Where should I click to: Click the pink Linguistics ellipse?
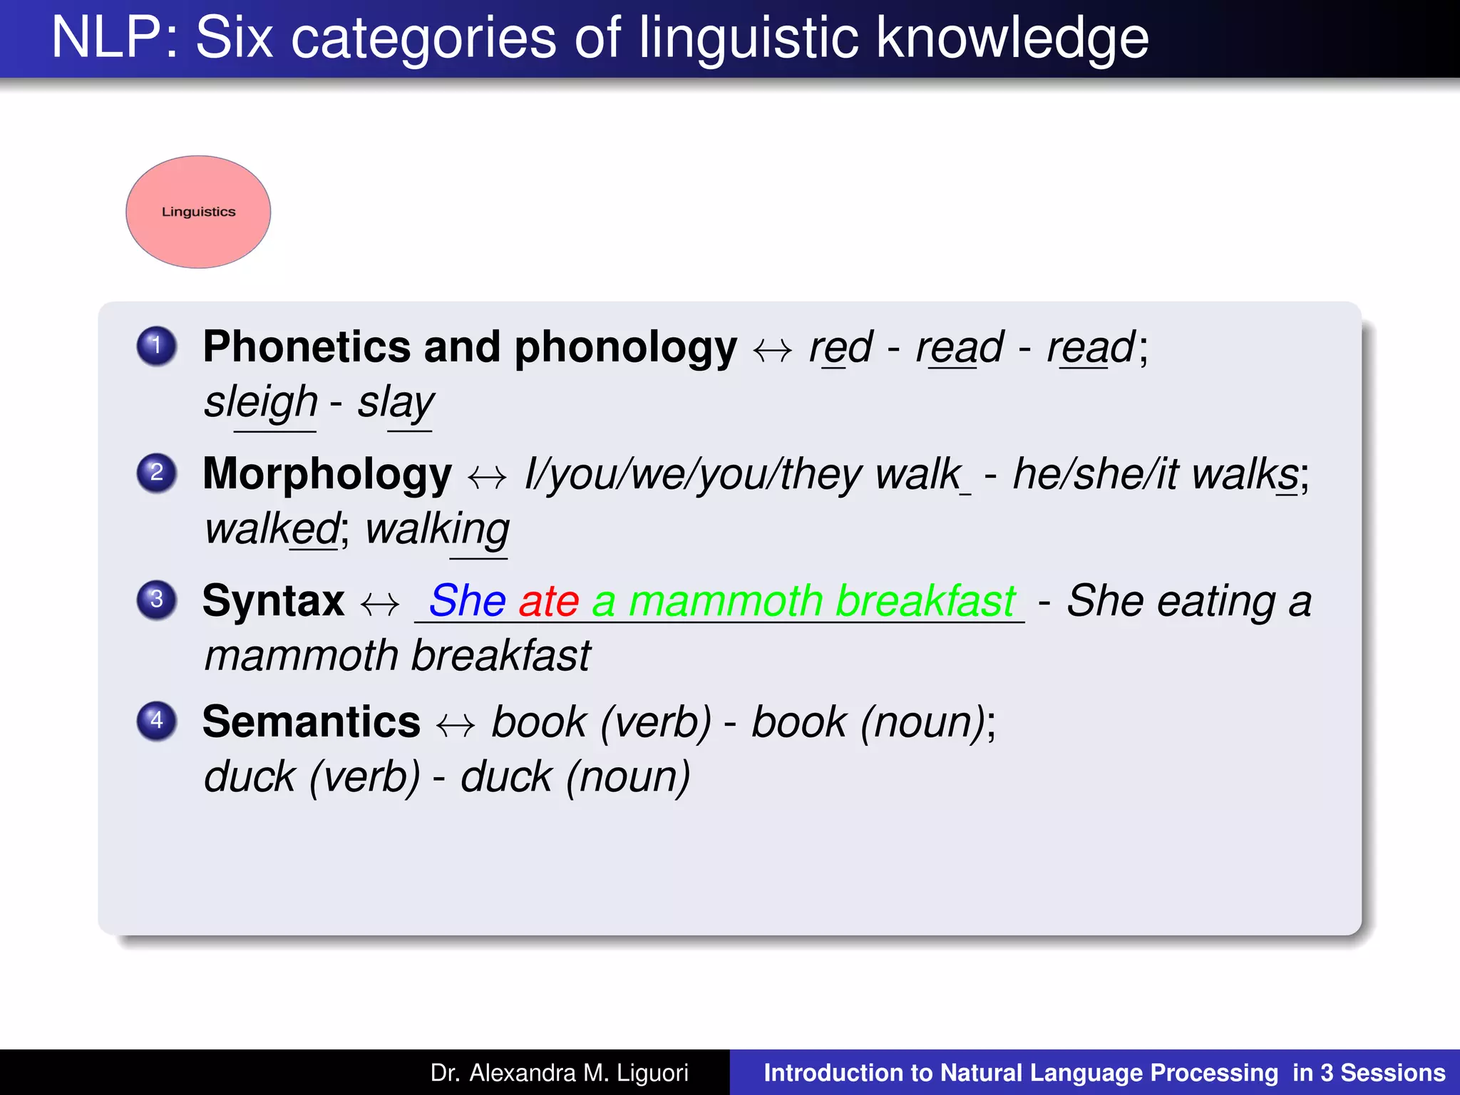pos(198,212)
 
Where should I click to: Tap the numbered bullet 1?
pos(157,346)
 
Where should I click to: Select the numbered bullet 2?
pos(157,473)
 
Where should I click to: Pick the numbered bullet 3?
pos(157,600)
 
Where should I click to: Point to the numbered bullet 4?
pos(157,720)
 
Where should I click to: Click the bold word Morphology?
pos(327,474)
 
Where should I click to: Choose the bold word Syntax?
pos(274,600)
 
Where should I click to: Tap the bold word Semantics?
pos(312,721)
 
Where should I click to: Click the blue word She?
pos(468,600)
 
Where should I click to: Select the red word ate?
pos(549,600)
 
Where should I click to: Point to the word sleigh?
pos(261,403)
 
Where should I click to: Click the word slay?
pos(396,403)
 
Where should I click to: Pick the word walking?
pos(438,530)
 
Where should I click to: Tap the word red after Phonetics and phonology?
pos(840,348)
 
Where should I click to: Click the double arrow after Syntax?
pos(380,605)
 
